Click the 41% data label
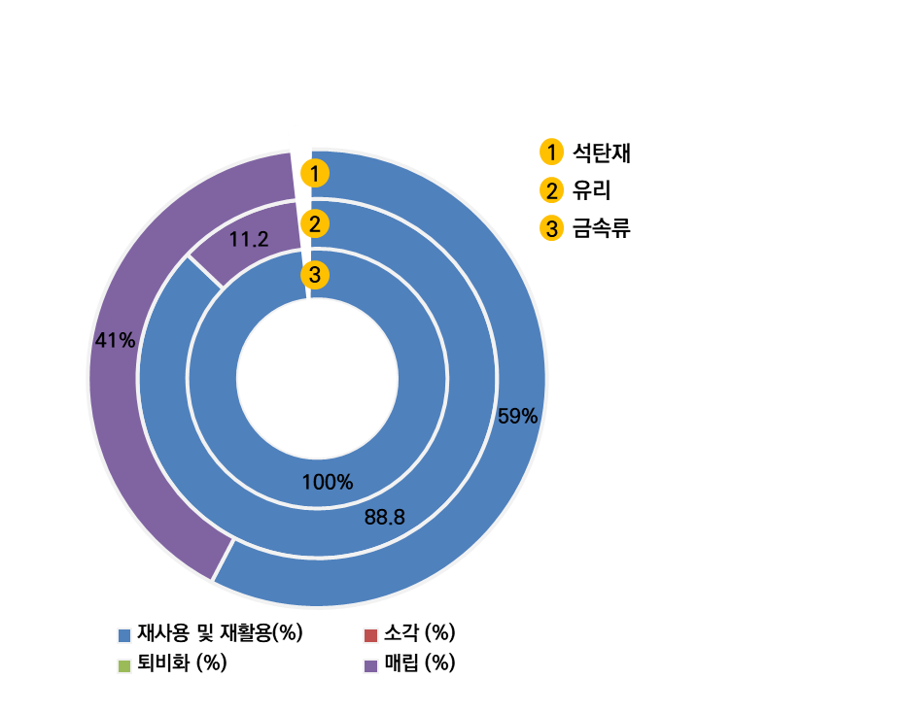coord(115,340)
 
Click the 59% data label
coord(517,416)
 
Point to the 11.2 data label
coord(249,239)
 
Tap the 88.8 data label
coord(384,518)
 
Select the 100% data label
coord(328,481)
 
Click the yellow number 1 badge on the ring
coord(315,174)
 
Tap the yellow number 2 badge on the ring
coord(314,224)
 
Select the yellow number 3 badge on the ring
coord(314,275)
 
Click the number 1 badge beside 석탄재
coord(551,153)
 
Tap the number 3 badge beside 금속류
coord(551,229)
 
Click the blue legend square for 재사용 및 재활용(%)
coord(124,635)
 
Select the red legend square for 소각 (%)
coord(370,635)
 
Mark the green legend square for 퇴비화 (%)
coord(124,665)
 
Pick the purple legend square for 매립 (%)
coord(370,665)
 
